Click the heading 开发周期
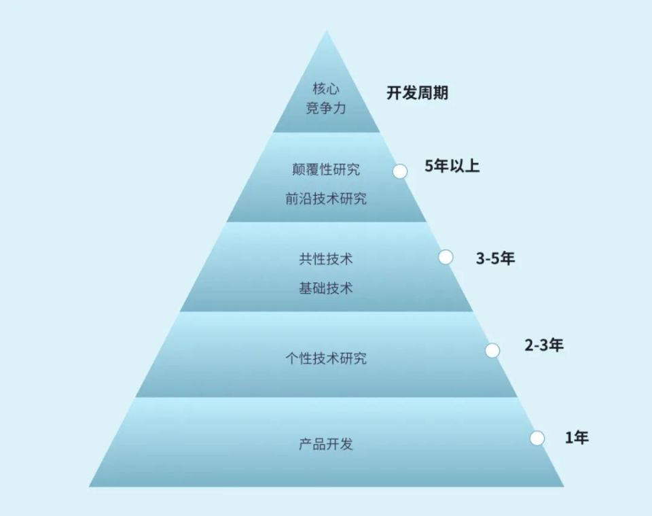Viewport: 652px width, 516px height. [417, 93]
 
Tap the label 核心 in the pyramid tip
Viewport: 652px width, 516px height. [326, 88]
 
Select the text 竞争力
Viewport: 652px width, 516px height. [326, 108]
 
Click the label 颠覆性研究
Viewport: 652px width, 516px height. [326, 169]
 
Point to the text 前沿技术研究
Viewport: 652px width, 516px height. [326, 199]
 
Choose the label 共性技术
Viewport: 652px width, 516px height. [326, 258]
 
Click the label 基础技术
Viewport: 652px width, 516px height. [326, 288]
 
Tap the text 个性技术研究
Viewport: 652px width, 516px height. [326, 358]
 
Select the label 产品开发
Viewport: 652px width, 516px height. [326, 445]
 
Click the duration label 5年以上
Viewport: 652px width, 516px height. [452, 166]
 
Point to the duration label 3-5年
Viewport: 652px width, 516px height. [495, 258]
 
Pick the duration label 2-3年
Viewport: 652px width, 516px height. [544, 345]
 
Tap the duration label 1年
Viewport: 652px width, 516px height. [577, 438]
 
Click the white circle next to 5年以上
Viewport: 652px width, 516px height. [400, 171]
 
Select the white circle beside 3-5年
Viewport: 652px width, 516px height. [446, 257]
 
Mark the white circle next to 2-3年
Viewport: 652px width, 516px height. [492, 350]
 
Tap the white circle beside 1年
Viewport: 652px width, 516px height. [537, 438]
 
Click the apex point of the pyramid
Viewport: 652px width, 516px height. [327, 31]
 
